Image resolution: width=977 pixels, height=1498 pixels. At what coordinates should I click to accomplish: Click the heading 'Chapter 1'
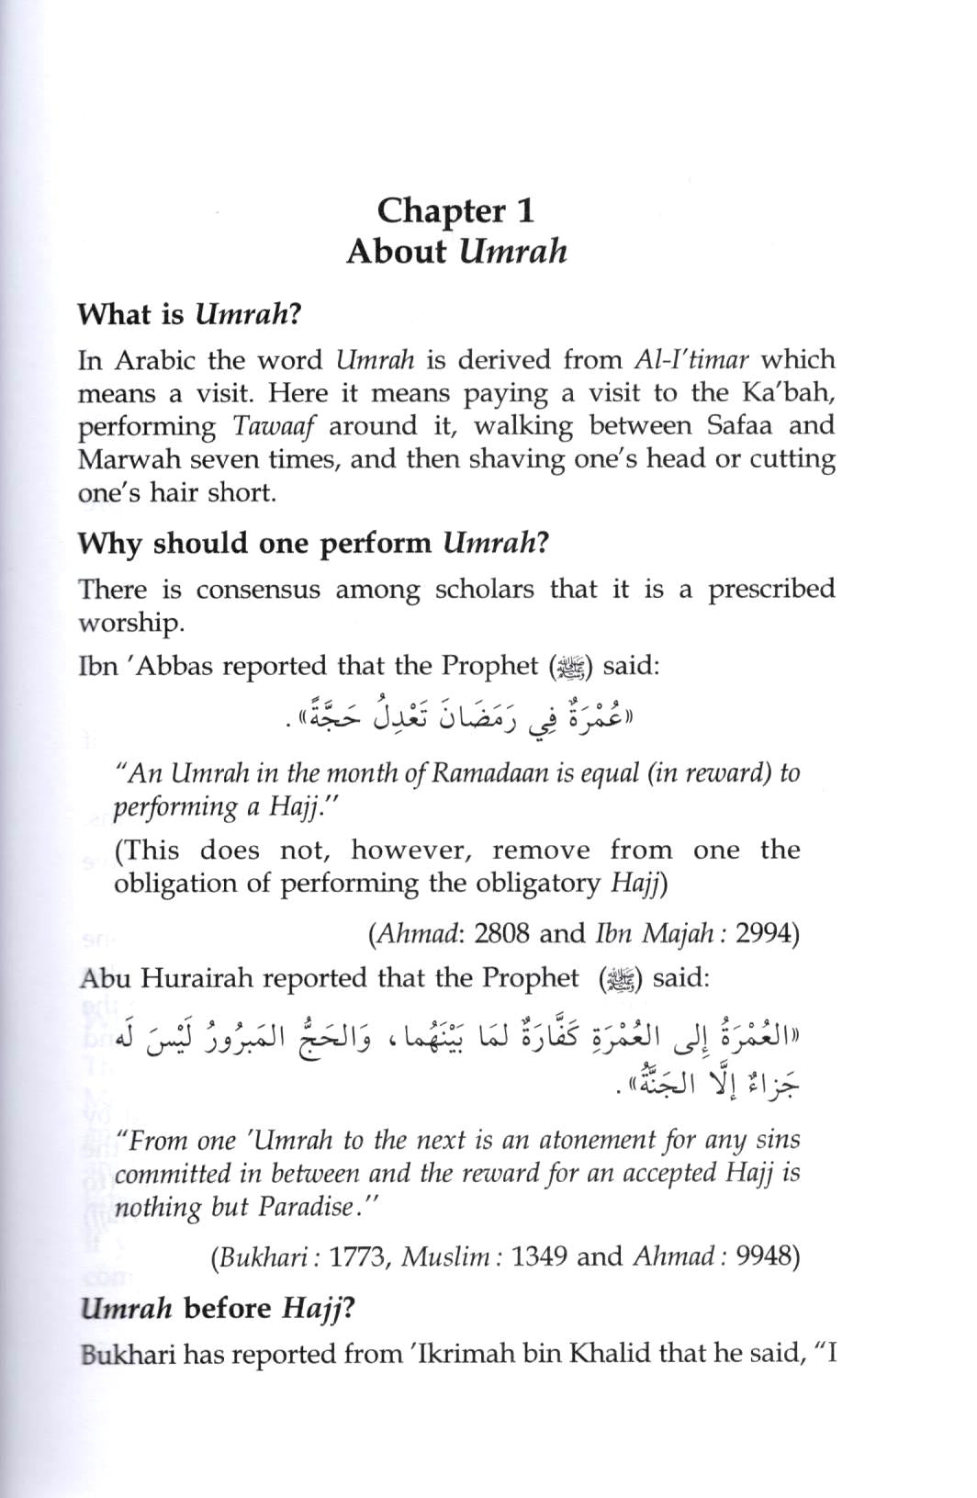pyautogui.click(x=455, y=210)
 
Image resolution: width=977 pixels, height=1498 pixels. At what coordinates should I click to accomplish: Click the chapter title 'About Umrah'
pyautogui.click(x=456, y=252)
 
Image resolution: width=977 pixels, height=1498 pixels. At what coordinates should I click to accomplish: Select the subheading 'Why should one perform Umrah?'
pyautogui.click(x=312, y=543)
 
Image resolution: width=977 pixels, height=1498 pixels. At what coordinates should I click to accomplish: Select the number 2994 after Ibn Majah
pyautogui.click(x=768, y=934)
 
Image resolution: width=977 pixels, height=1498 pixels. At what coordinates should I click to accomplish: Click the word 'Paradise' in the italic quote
pyautogui.click(x=307, y=1207)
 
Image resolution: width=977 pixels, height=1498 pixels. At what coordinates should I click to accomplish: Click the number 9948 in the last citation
pyautogui.click(x=768, y=1256)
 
